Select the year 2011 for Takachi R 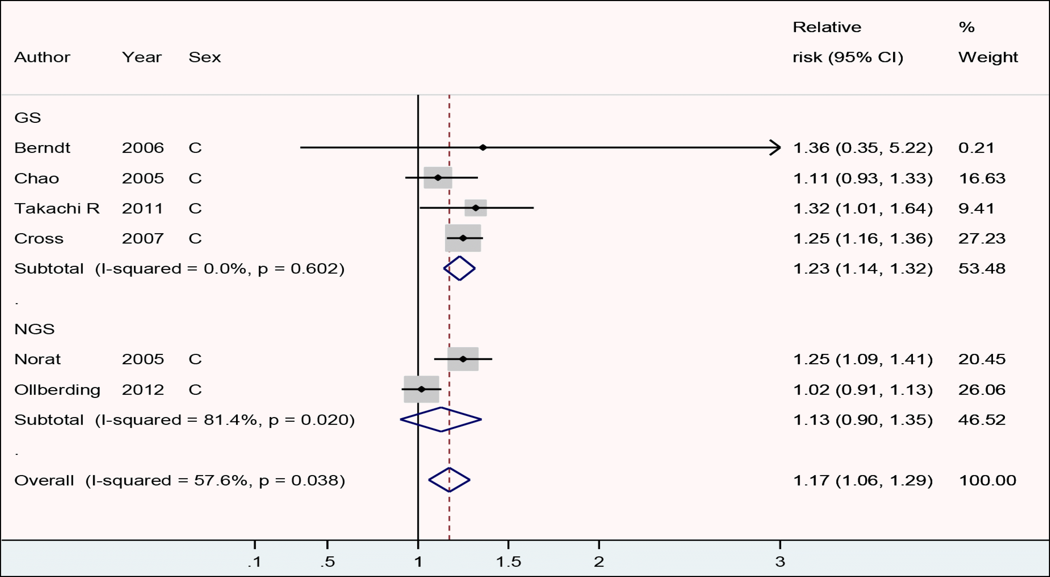click(142, 209)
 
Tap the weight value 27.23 click(982, 238)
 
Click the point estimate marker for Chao click(438, 178)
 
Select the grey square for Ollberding click(421, 389)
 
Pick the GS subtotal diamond click(459, 268)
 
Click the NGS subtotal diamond click(441, 419)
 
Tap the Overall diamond click(449, 480)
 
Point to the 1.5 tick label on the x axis click(508, 562)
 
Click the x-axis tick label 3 click(780, 562)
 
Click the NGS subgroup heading click(34, 329)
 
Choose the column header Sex click(205, 57)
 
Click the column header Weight click(988, 57)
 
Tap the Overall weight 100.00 click(987, 480)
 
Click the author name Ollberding click(57, 390)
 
